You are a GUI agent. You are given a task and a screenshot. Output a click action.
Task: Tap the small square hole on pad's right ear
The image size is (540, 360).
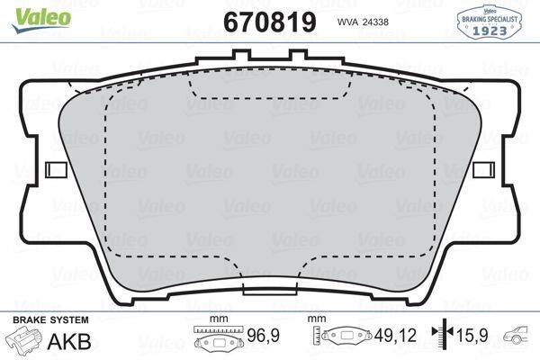483,169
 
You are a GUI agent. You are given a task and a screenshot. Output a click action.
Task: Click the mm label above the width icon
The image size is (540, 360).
216,319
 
